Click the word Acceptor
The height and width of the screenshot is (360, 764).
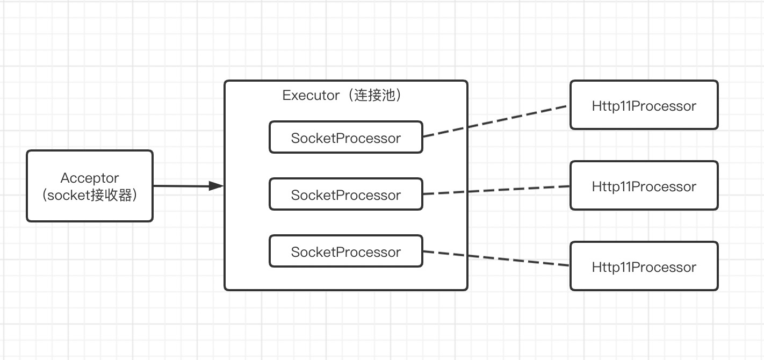90,178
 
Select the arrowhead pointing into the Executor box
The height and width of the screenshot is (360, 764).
216,186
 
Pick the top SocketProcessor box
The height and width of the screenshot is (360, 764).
345,138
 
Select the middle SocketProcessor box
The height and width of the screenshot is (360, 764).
345,195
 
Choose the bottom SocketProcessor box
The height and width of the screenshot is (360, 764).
345,251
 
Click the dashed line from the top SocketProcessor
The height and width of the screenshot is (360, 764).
495,121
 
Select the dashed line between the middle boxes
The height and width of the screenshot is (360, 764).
495,190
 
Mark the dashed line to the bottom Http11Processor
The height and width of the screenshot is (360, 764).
495,258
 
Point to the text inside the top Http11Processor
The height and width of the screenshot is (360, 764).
644,106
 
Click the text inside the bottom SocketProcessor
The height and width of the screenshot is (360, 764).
345,252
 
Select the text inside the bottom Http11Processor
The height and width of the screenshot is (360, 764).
644,267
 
